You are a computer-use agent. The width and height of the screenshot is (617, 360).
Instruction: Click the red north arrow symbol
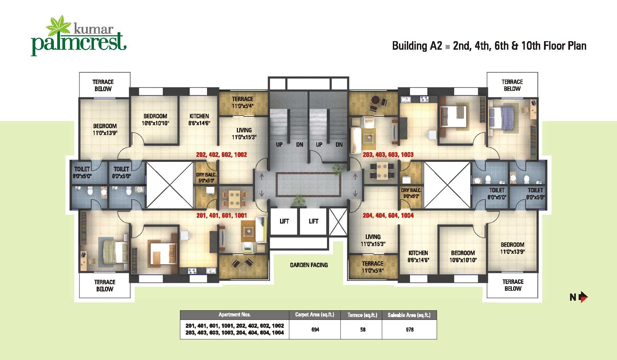(583, 297)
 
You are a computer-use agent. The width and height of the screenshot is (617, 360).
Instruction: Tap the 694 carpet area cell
(315, 329)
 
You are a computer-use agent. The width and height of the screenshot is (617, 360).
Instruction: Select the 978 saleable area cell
(410, 329)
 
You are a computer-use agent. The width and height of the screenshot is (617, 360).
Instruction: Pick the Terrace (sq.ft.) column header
(362, 315)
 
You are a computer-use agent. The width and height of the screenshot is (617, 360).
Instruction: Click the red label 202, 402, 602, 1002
(221, 155)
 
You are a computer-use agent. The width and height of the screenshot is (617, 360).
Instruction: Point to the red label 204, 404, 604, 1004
(388, 215)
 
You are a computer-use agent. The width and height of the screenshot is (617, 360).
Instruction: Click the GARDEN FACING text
(308, 265)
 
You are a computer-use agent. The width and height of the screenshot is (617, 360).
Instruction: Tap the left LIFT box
(284, 221)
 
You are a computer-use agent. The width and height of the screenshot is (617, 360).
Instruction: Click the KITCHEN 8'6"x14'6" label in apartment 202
(199, 119)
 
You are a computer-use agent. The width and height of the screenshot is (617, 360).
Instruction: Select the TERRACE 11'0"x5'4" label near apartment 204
(373, 267)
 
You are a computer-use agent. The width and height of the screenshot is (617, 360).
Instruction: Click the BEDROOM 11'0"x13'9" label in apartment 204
(512, 248)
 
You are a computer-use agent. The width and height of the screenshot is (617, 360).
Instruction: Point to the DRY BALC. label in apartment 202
(206, 177)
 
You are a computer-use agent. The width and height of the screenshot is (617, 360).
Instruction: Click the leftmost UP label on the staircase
(279, 145)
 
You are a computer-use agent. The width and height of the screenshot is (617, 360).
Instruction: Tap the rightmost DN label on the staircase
(339, 145)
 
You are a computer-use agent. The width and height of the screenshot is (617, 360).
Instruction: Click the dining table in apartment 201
(234, 199)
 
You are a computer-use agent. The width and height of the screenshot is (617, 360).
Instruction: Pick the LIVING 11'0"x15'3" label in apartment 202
(244, 133)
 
